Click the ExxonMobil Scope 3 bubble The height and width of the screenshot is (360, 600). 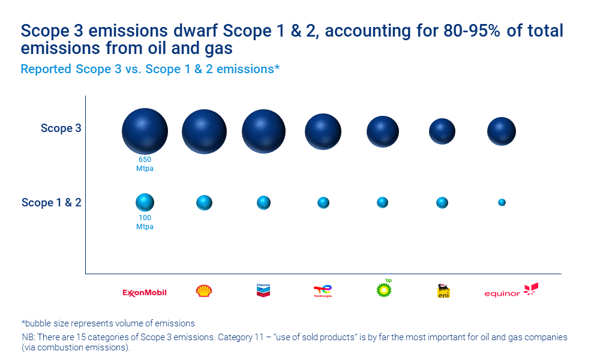(x=145, y=131)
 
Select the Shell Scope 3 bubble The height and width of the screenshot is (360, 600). (x=204, y=132)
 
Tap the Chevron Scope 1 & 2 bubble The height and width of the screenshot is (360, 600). (x=263, y=203)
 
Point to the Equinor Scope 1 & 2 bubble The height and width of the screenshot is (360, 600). (x=502, y=203)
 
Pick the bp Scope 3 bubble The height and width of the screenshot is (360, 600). (x=383, y=131)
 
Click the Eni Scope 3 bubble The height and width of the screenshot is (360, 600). (x=442, y=131)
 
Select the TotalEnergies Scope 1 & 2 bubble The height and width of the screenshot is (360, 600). (x=323, y=203)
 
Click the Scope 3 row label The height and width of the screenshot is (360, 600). (x=61, y=128)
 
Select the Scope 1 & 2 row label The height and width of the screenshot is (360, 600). (x=52, y=203)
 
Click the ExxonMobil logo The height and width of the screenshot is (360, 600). (x=145, y=293)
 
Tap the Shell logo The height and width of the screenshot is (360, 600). (x=204, y=292)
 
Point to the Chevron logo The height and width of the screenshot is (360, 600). (x=263, y=291)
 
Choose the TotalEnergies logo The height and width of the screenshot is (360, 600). (x=323, y=292)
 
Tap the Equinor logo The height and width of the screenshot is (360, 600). (x=511, y=291)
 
